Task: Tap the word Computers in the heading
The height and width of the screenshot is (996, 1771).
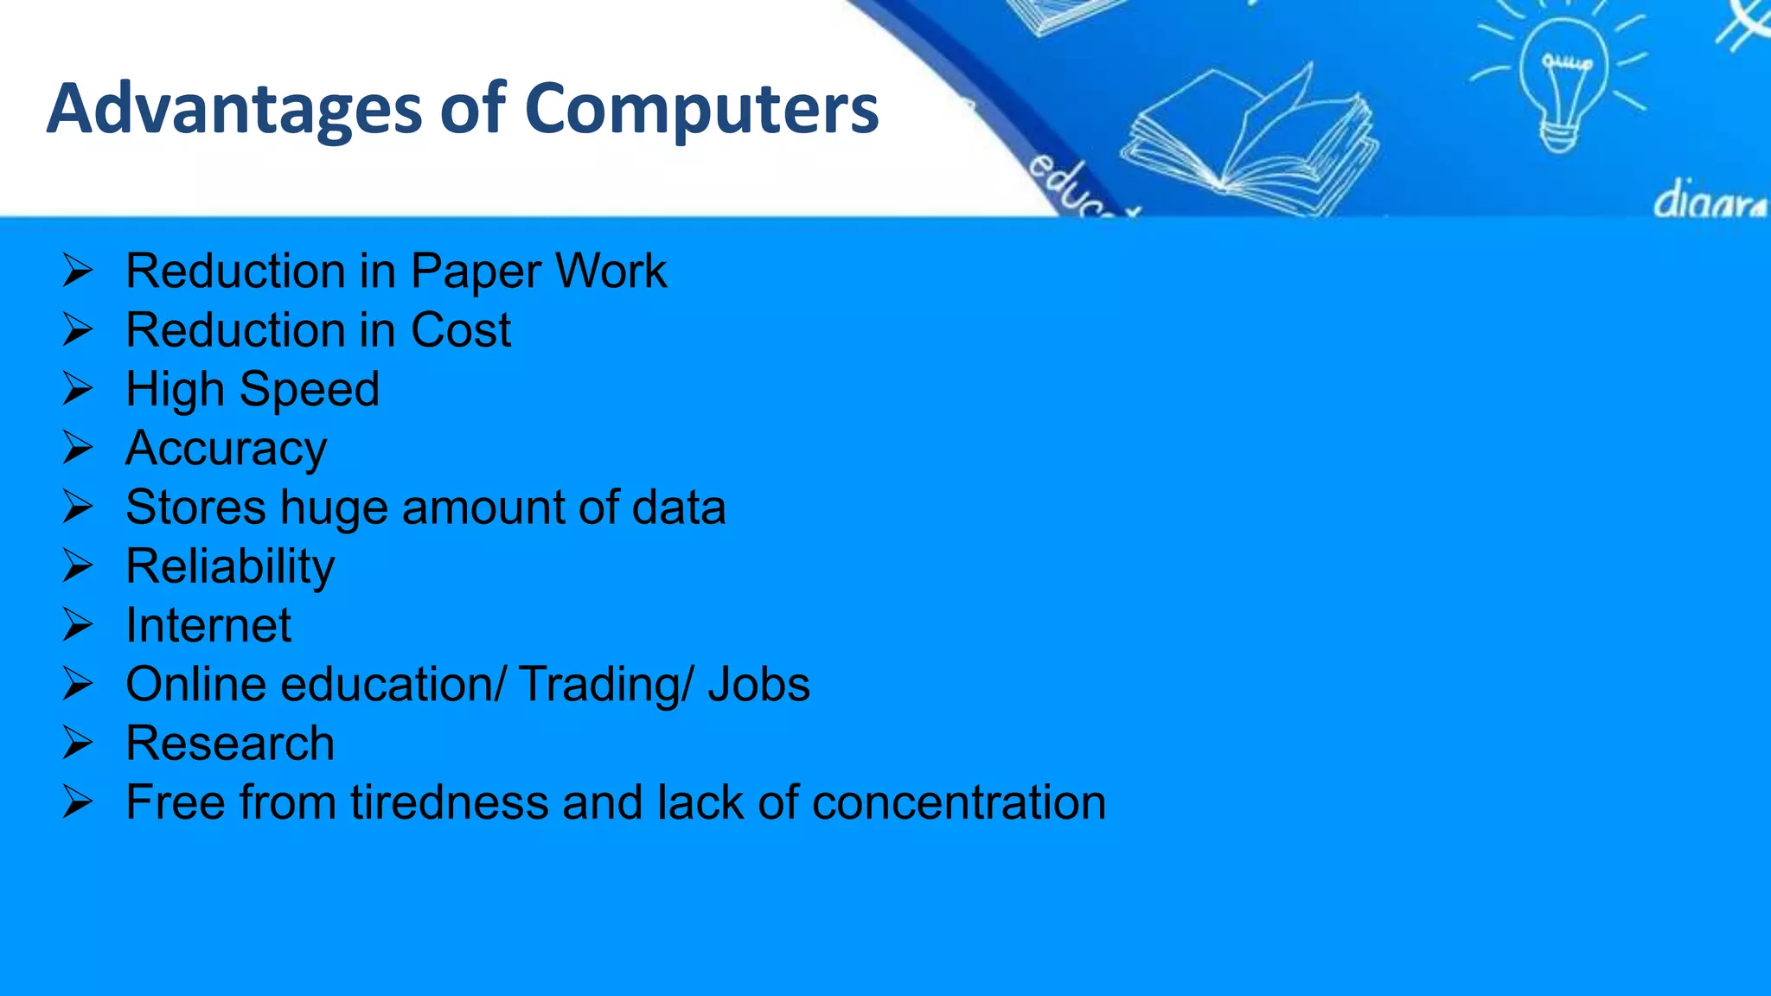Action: (x=701, y=109)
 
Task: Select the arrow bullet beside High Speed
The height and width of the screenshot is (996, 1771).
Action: (x=77, y=388)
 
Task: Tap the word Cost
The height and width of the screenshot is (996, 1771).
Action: (x=460, y=330)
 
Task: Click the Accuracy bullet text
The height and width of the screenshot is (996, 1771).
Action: (x=226, y=449)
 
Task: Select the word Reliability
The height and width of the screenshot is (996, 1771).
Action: (x=230, y=567)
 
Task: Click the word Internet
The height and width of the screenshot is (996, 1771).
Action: (x=208, y=625)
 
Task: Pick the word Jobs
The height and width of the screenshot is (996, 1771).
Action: (x=758, y=685)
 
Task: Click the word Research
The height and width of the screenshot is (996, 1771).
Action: (x=230, y=744)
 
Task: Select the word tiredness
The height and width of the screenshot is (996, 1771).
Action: (x=449, y=802)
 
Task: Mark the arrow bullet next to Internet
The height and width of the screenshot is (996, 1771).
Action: (x=77, y=624)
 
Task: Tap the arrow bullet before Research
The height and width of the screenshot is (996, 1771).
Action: (x=77, y=743)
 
